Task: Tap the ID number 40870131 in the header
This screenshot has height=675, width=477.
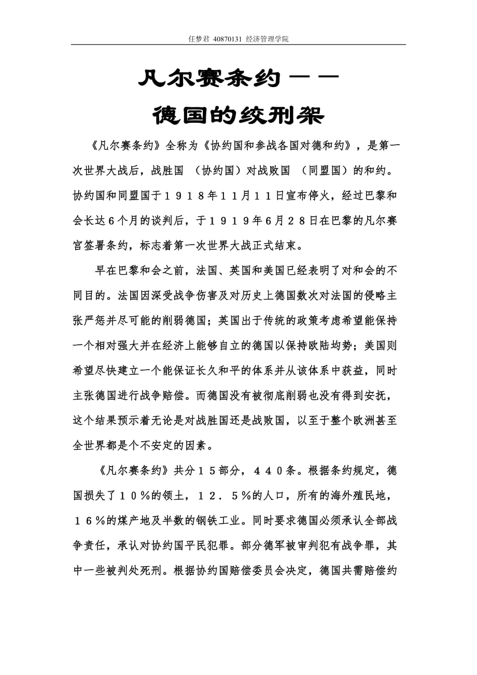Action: click(228, 39)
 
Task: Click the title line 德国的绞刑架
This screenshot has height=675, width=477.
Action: click(238, 115)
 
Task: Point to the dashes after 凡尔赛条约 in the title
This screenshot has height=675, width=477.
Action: click(314, 78)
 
